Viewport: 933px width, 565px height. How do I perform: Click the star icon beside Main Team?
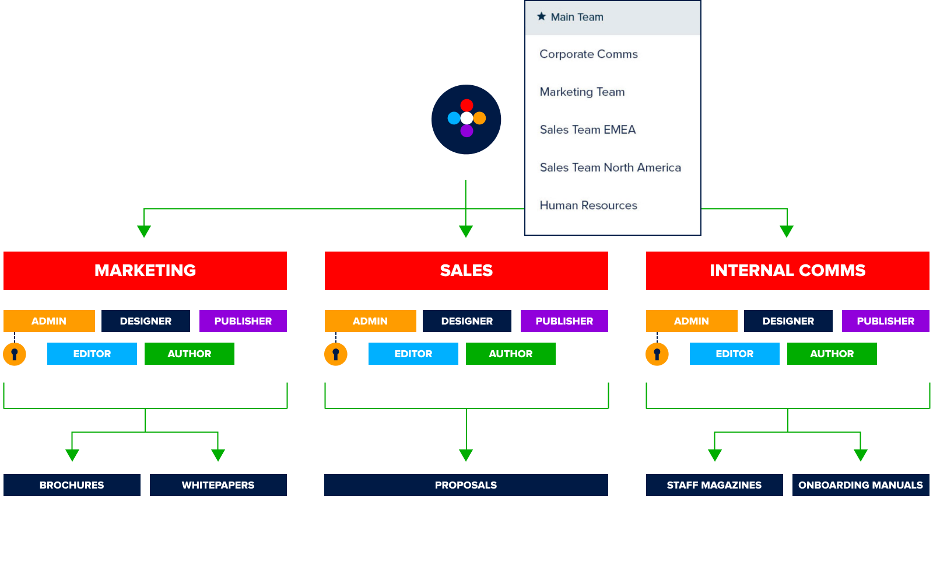[541, 16]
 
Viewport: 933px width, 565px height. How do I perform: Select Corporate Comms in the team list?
[588, 54]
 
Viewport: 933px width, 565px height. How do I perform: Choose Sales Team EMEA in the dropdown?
[587, 130]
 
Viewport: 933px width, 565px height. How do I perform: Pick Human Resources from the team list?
[588, 205]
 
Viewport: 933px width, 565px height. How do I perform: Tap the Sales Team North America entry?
[610, 168]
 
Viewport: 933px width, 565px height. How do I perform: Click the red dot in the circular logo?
[466, 106]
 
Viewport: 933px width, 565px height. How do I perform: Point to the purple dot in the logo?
[466, 131]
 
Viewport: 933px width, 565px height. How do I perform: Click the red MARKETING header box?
[145, 271]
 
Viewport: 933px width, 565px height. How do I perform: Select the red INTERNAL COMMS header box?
[787, 271]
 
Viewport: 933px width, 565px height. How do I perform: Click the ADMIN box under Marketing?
[49, 321]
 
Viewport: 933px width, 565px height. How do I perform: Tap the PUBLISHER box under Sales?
[564, 321]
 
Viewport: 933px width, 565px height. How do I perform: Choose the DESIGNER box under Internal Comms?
[788, 321]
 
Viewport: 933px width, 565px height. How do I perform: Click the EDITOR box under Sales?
[413, 354]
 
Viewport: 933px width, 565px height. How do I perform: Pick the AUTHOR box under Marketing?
[189, 354]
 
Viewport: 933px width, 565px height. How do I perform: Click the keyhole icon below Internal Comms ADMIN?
[657, 354]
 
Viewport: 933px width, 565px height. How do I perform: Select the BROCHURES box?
[72, 485]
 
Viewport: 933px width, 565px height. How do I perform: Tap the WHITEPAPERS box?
[218, 485]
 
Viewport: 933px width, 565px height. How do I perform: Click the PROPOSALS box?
[466, 485]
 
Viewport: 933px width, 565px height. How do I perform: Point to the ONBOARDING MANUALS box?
[860, 485]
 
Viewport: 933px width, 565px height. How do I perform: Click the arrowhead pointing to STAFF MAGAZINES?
[715, 455]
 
